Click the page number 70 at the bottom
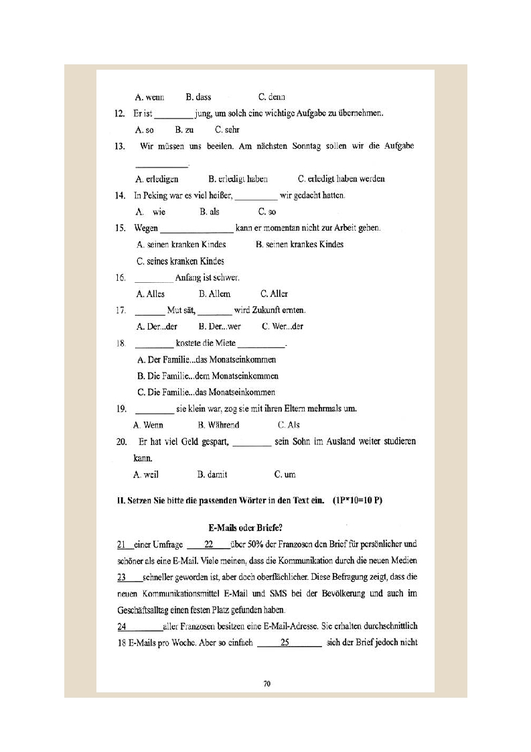coord(267,684)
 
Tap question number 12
coord(121,114)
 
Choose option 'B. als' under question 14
coord(209,212)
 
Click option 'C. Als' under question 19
coord(289,425)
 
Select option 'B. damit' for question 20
coord(212,475)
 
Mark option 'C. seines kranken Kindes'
coord(180,261)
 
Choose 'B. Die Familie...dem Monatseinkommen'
coord(208,376)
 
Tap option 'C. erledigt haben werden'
coord(342,179)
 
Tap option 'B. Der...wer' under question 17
coord(220,326)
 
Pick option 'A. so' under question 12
coord(145,130)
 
